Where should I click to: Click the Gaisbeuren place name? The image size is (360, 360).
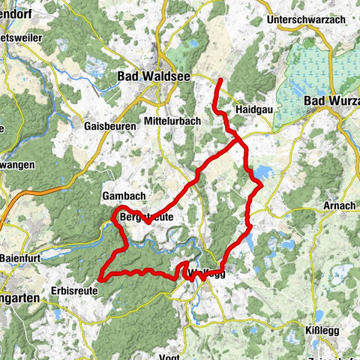[110, 127]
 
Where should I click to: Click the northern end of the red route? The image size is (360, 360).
[220, 79]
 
